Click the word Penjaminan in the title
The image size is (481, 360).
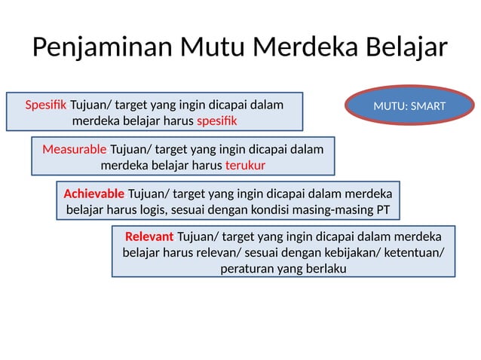pyautogui.click(x=103, y=47)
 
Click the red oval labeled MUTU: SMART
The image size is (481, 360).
pyautogui.click(x=409, y=106)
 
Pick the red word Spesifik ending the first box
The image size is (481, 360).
pyautogui.click(x=217, y=121)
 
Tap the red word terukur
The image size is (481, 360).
pyautogui.click(x=245, y=166)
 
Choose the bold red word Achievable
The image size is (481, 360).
pyautogui.click(x=94, y=193)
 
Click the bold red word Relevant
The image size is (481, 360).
pyautogui.click(x=149, y=236)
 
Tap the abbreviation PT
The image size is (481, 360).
pyautogui.click(x=382, y=209)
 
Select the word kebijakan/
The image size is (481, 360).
pyautogui.click(x=354, y=252)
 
